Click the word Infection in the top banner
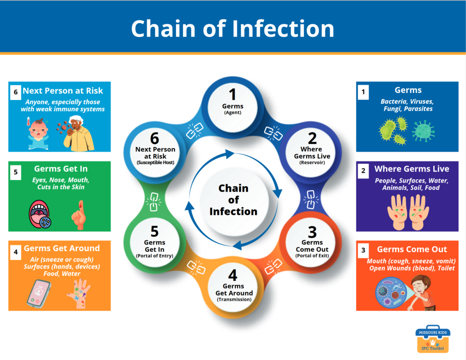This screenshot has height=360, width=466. [283, 28]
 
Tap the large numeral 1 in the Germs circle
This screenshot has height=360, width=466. [233, 95]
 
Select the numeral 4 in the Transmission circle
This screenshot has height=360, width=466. [233, 275]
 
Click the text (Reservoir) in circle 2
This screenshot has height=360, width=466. [312, 162]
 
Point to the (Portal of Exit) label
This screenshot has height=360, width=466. [312, 256]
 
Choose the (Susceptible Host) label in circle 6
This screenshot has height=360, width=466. [156, 162]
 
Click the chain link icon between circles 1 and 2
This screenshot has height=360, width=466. [273, 133]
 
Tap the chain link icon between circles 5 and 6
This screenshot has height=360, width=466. [153, 202]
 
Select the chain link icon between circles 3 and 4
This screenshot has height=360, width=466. [273, 266]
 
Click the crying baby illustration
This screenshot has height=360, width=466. [38, 134]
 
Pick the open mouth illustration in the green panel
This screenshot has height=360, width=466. [40, 214]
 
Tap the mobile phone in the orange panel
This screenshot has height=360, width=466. [39, 294]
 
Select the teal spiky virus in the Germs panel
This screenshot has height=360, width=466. [424, 131]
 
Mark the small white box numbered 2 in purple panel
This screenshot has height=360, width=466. [363, 171]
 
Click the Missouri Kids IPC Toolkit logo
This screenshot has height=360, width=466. [433, 339]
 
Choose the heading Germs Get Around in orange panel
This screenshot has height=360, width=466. [62, 248]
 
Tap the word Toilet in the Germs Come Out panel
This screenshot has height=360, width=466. [446, 268]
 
